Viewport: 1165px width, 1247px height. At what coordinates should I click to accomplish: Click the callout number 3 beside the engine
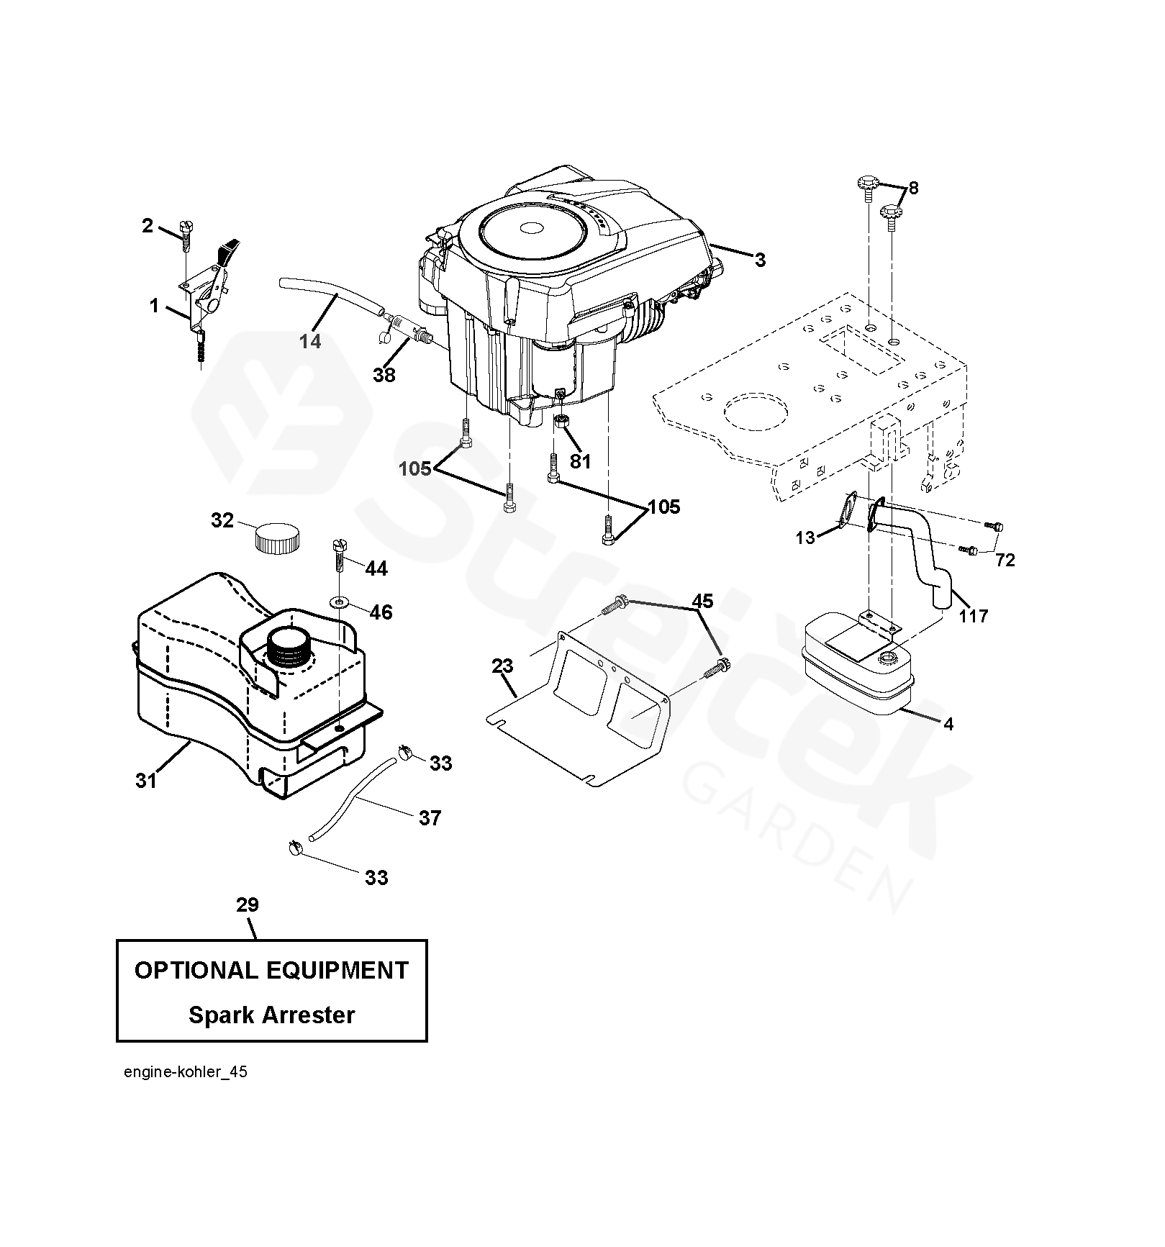click(x=760, y=260)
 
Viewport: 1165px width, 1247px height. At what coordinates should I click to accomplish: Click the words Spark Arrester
click(x=271, y=1015)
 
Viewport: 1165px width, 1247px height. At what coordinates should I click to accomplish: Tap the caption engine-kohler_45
click(x=186, y=1092)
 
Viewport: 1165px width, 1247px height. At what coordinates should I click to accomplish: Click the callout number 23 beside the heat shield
click(x=502, y=666)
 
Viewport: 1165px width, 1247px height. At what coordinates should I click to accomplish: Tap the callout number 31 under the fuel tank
click(x=146, y=780)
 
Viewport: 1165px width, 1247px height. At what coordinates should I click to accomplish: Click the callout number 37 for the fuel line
click(x=430, y=817)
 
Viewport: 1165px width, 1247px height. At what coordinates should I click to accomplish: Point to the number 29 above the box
click(x=247, y=904)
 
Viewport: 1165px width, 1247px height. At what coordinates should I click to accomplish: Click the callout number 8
click(x=913, y=188)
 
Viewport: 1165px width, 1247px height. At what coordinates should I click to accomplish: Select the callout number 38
click(x=384, y=374)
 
